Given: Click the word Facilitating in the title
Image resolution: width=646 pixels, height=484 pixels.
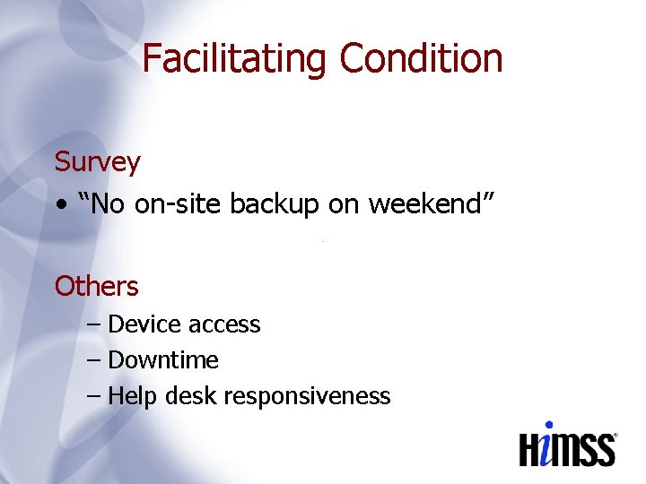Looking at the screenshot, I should (236, 59).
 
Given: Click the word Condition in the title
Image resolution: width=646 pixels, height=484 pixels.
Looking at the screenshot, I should (421, 59).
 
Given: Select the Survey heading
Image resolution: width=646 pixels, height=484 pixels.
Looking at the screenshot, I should (97, 162).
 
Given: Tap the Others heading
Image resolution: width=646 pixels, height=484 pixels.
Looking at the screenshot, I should (96, 287).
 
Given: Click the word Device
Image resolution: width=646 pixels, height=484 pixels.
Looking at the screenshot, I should (139, 324).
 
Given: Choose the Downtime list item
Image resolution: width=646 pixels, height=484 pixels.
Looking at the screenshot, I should (162, 360).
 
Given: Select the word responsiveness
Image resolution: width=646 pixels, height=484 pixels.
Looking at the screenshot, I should (308, 396).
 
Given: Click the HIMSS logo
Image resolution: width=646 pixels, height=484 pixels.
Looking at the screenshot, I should (568, 445).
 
